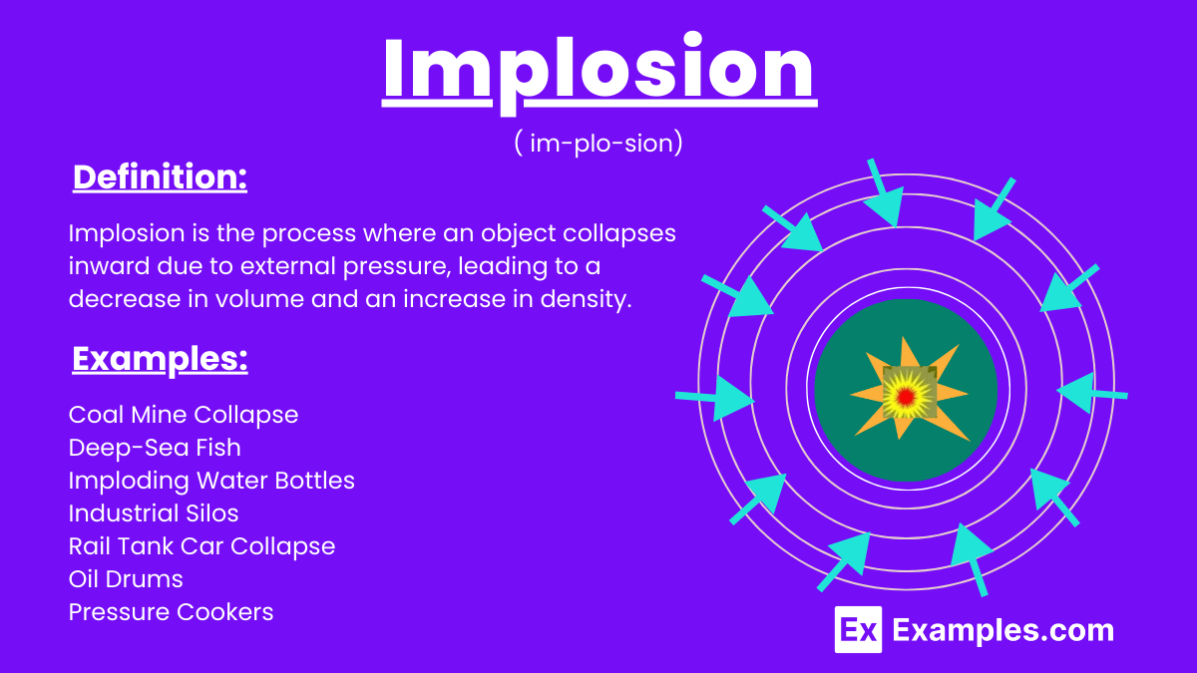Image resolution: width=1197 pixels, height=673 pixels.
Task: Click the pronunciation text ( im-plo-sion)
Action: [598, 143]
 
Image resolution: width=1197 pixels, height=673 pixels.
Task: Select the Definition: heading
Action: [160, 177]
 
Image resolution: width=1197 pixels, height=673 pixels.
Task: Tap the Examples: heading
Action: [160, 359]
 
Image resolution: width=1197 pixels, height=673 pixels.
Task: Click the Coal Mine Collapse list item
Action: [184, 414]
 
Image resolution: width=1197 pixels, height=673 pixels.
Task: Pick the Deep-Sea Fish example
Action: [155, 448]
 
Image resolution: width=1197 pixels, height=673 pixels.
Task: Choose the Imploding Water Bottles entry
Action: [211, 481]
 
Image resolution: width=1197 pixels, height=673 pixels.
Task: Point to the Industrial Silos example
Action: [154, 513]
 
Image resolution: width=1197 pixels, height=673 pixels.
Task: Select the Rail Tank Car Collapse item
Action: [201, 546]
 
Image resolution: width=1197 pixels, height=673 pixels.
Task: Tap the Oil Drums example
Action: [126, 579]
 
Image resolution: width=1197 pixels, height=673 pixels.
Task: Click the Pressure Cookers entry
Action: [171, 612]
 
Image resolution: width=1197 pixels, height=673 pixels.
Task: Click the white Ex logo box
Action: [858, 630]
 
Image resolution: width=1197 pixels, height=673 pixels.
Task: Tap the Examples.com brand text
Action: [1002, 630]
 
